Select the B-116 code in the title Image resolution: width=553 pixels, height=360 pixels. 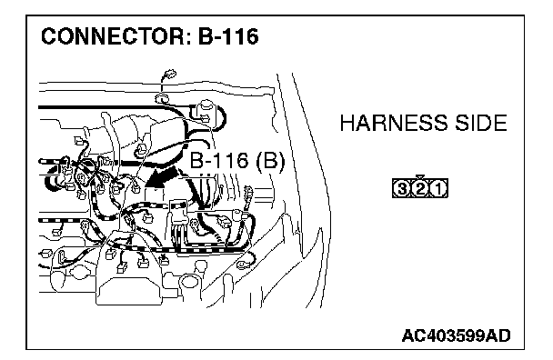(x=228, y=36)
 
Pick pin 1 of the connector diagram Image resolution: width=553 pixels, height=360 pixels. (x=438, y=189)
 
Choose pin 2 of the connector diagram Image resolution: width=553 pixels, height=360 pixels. (x=420, y=189)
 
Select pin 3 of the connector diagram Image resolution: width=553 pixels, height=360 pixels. (x=401, y=189)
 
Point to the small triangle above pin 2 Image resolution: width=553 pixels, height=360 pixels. (x=419, y=177)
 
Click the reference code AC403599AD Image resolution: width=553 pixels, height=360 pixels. (x=456, y=335)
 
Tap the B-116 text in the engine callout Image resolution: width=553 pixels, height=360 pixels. (x=219, y=161)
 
